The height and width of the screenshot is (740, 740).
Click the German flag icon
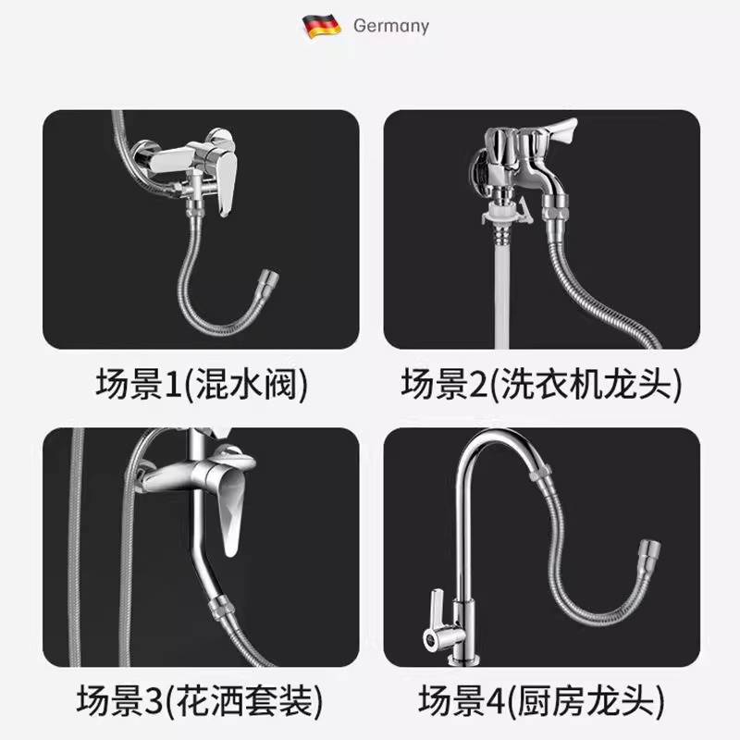pos(322,25)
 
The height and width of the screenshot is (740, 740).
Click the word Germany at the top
pos(390,26)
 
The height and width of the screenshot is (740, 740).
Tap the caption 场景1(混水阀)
pos(200,383)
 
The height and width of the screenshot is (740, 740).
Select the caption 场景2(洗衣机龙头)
pos(541,383)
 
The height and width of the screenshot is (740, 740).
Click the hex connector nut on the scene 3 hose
pos(219,607)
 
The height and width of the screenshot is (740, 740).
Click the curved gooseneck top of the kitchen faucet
pos(490,444)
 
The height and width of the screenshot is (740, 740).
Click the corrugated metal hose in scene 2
pos(592,287)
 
